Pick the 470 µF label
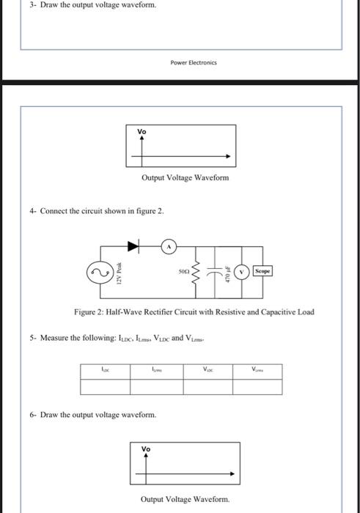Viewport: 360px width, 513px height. (228, 273)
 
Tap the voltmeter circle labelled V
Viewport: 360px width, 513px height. (243, 270)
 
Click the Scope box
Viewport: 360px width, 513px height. (262, 270)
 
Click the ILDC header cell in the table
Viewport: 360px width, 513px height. (106, 370)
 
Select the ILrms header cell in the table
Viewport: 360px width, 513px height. (156, 370)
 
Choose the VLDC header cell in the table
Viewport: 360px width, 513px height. (207, 370)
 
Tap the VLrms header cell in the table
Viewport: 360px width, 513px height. (258, 370)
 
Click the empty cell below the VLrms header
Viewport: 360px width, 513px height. (258, 385)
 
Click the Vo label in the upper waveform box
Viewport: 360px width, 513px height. (142, 131)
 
